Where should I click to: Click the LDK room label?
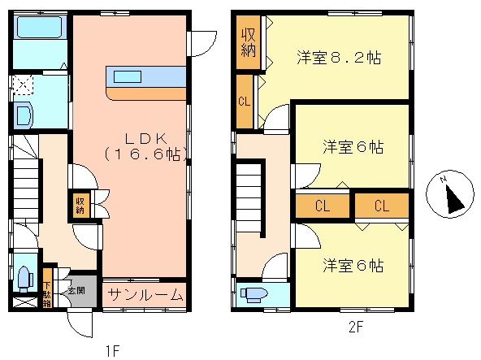146,147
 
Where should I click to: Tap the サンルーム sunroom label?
145,295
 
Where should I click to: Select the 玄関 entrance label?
76,290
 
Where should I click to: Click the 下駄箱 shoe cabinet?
47,288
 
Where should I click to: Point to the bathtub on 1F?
39,28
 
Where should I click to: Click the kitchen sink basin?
128,76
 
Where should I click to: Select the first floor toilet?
25,279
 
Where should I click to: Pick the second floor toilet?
254,293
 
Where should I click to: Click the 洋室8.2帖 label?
339,58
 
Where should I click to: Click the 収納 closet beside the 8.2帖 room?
248,42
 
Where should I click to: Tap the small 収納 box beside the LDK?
80,206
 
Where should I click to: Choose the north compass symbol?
450,194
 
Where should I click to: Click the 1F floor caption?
112,350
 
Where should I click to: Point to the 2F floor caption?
356,327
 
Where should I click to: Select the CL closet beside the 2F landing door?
245,102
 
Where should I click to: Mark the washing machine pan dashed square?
23,85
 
